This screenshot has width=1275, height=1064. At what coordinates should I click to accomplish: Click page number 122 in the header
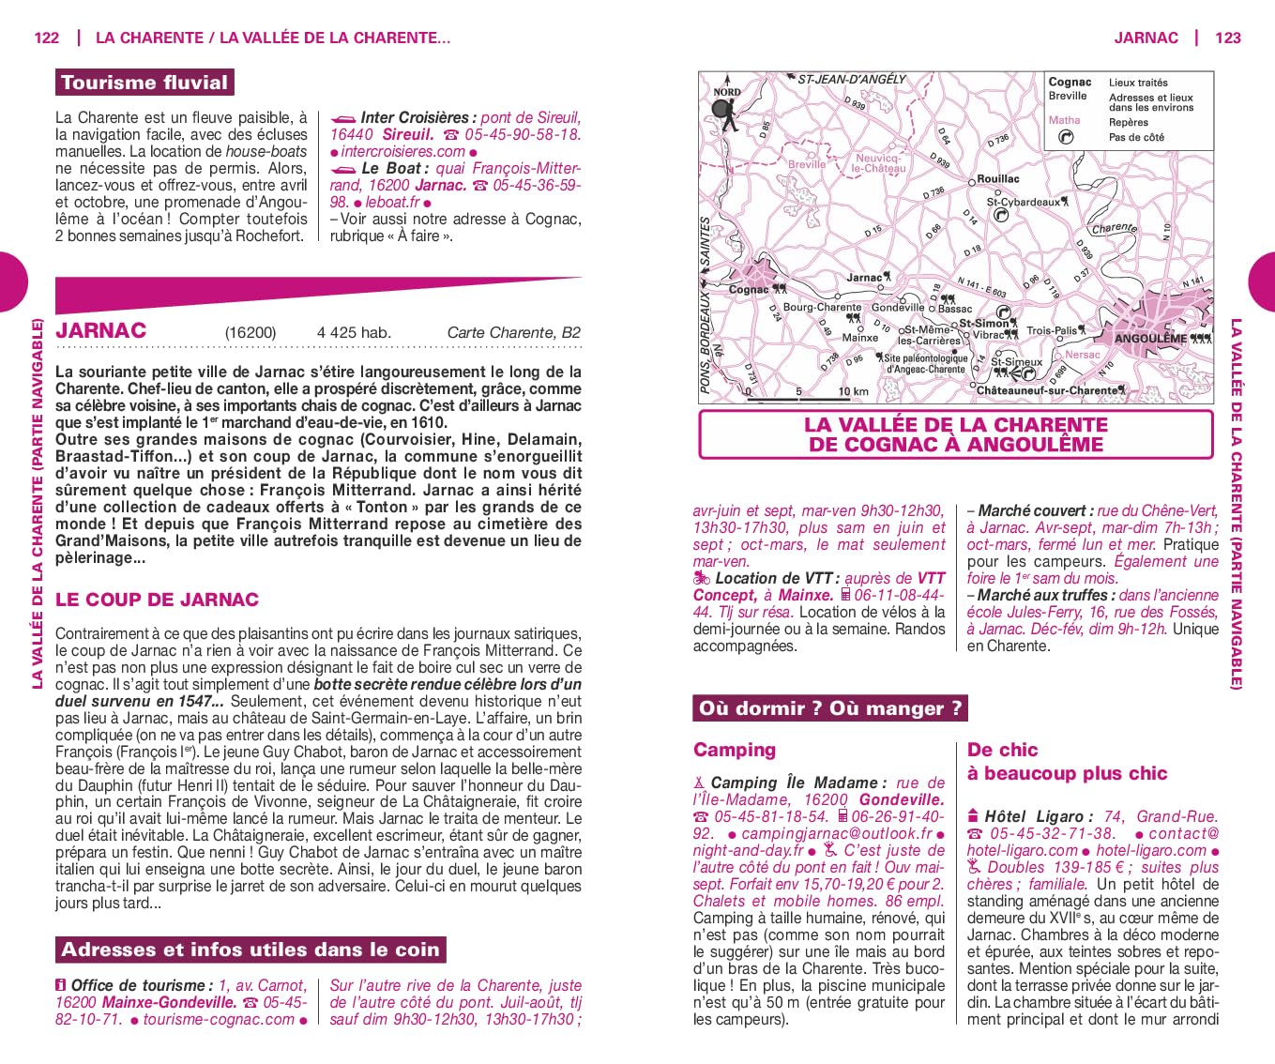point(46,38)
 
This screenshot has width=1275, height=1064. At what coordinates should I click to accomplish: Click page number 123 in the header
point(1227,38)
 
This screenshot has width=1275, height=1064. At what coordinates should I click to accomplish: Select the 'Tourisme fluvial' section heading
point(144,83)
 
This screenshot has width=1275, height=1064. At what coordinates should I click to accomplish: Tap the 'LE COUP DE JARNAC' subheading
point(157,600)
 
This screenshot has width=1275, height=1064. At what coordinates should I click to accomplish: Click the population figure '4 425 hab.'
point(354,333)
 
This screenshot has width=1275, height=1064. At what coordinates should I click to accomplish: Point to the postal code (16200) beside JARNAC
point(250,333)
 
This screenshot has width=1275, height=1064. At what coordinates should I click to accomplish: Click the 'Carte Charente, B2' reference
point(513,333)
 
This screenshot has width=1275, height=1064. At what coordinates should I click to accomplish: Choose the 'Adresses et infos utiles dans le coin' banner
point(250,950)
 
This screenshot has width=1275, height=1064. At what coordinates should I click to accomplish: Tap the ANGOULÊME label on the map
point(1150,339)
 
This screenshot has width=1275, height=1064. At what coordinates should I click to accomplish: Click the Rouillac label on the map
point(997,179)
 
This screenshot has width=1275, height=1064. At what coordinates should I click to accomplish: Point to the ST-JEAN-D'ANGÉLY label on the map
point(851,80)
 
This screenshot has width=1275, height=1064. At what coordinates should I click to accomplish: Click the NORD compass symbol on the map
point(725,106)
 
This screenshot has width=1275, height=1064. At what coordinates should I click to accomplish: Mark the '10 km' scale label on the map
point(853,391)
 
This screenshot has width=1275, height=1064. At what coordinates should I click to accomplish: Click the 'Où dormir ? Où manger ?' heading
point(829,708)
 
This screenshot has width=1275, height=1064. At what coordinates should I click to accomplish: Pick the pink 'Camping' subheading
point(735,750)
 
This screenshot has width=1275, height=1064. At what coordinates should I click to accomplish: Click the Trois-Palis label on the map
point(1051,330)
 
